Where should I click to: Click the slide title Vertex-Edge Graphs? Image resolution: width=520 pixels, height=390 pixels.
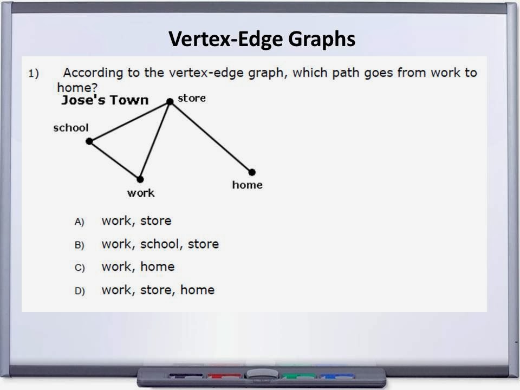click(262, 40)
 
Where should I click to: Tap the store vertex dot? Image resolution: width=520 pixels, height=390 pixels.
click(170, 101)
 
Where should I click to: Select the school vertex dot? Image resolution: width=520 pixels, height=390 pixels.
click(89, 141)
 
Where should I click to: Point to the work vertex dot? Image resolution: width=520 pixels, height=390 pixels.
click(140, 179)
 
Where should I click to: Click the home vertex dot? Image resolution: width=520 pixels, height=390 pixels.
click(252, 172)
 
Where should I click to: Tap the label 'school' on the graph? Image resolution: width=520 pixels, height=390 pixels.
click(70, 128)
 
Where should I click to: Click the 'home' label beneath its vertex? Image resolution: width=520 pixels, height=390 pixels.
click(247, 185)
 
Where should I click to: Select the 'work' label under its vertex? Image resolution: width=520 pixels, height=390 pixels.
click(141, 193)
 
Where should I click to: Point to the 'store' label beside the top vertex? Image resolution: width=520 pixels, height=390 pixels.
click(192, 99)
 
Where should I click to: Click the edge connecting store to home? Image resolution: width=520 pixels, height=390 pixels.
click(211, 136)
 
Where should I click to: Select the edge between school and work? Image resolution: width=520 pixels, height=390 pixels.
click(114, 160)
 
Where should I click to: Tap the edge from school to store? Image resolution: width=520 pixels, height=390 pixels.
click(129, 121)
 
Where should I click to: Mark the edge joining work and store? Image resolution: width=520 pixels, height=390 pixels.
click(155, 140)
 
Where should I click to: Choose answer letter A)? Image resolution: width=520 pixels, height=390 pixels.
click(80, 222)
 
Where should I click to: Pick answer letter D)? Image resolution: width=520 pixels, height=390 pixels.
click(80, 291)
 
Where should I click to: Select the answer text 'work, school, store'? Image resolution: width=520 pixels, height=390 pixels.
click(160, 244)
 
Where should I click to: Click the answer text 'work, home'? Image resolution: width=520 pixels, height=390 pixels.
click(138, 267)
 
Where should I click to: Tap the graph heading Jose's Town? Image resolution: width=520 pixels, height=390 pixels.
click(105, 100)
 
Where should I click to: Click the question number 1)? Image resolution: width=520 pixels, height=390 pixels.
click(34, 74)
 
